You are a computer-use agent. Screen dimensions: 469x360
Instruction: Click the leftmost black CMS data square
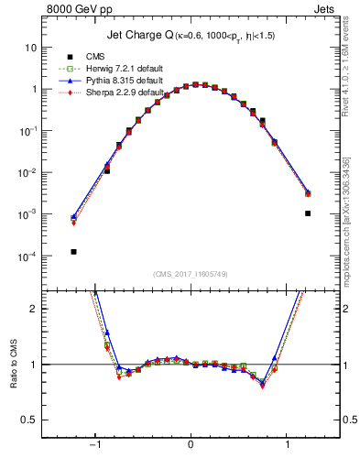click(x=73, y=251)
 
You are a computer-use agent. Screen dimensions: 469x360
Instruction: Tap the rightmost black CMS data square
click(x=308, y=213)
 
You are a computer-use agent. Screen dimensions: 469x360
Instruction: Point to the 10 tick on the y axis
click(x=32, y=47)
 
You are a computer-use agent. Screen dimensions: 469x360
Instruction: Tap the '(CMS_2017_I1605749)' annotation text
click(x=191, y=274)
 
